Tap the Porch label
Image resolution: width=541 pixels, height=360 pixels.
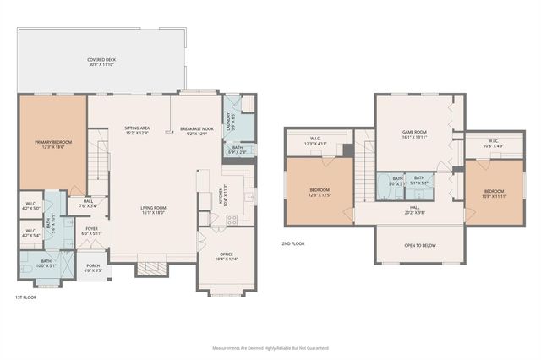point(94,268)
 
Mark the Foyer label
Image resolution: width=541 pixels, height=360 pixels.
point(90,231)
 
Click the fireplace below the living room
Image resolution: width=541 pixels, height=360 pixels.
point(152,269)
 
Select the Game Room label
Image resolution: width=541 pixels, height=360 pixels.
point(413,134)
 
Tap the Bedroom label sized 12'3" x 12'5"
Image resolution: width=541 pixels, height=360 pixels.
point(319,192)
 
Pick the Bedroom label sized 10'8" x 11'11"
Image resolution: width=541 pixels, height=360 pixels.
point(495,192)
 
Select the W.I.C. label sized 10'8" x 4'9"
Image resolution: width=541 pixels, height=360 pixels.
point(494,143)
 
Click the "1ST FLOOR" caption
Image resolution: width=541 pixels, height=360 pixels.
point(25,298)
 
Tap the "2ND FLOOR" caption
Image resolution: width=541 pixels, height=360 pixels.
point(293,243)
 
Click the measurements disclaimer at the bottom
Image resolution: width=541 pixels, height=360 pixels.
point(270,348)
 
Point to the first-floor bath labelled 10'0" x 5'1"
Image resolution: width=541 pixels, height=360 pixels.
point(46,263)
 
